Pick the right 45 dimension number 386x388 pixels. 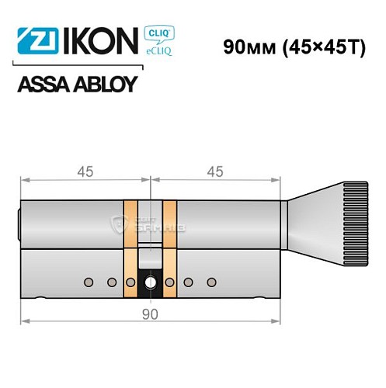tap(216, 172)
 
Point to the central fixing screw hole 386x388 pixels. tap(150, 282)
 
